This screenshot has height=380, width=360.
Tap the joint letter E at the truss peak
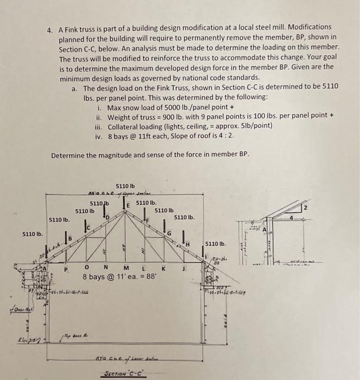[x=128, y=204]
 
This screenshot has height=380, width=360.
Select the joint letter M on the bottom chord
[x=126, y=268]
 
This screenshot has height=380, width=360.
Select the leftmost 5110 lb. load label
[x=33, y=235]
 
